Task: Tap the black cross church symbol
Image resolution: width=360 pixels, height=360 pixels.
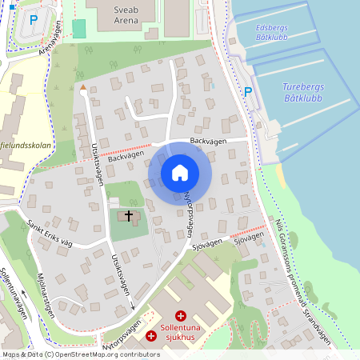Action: [128, 217]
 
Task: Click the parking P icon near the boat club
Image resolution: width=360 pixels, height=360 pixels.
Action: [248, 92]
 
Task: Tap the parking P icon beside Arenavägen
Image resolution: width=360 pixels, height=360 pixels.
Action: [34, 19]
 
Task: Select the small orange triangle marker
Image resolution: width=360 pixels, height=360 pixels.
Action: [82, 86]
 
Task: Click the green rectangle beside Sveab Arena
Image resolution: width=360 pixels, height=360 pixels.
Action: [78, 28]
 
